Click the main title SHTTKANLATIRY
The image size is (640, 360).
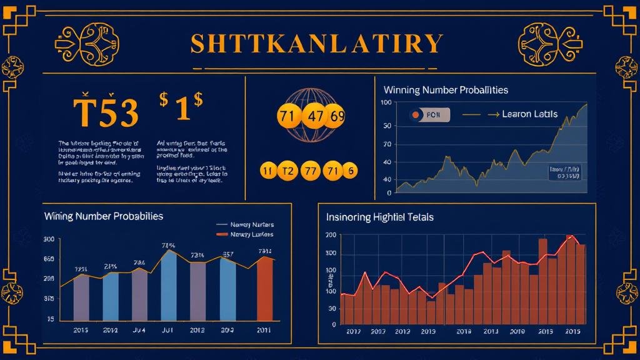[x=316, y=44]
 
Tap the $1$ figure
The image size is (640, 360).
[x=181, y=107]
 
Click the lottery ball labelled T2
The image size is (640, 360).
[x=288, y=171]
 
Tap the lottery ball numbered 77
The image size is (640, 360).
[x=310, y=171]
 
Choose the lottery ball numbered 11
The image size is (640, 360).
[x=267, y=171]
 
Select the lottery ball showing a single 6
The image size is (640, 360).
[x=350, y=171]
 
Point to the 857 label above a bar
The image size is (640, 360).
[x=228, y=254]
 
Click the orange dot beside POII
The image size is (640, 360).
[x=414, y=115]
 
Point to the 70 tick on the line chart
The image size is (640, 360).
[x=386, y=144]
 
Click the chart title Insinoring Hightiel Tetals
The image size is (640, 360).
[x=379, y=217]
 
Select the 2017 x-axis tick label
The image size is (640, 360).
[x=354, y=331]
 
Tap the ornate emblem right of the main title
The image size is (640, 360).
[x=546, y=44]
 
